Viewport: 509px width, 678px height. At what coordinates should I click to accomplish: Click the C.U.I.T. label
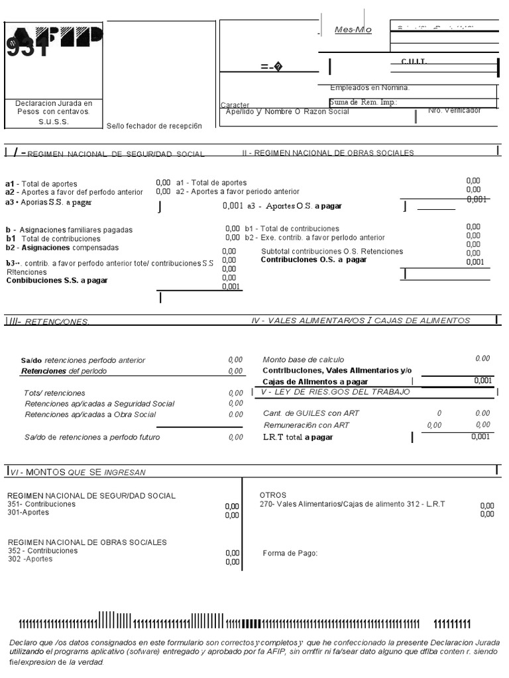pos(414,62)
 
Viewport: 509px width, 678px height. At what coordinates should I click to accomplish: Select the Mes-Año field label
pos(353,30)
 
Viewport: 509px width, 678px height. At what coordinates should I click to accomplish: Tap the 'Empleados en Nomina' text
pos(370,87)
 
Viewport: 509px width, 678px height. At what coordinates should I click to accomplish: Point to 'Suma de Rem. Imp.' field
pos(363,102)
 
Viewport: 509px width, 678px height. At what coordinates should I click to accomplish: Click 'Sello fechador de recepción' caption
pos(154,126)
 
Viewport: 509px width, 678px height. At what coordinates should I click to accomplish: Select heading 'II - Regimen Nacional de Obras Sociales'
pos(327,153)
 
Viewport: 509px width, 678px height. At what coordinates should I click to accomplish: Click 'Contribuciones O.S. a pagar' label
pos(313,260)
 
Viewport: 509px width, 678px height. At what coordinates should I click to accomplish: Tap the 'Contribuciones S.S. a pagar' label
pos(57,280)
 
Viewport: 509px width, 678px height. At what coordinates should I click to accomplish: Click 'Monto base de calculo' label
pos(304,360)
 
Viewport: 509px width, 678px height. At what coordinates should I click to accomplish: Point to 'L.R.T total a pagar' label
pos(298,438)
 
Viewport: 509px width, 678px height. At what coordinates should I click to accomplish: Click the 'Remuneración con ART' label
pos(306,425)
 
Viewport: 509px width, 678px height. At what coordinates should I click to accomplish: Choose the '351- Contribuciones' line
pos(42,504)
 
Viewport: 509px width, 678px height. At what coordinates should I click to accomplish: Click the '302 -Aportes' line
pos(30,559)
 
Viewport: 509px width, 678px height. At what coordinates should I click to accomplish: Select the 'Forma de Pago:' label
pos(290,554)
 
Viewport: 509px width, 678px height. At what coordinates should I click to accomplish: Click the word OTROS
pos(273,495)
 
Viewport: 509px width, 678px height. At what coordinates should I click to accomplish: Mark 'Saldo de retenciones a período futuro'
pos(92,437)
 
